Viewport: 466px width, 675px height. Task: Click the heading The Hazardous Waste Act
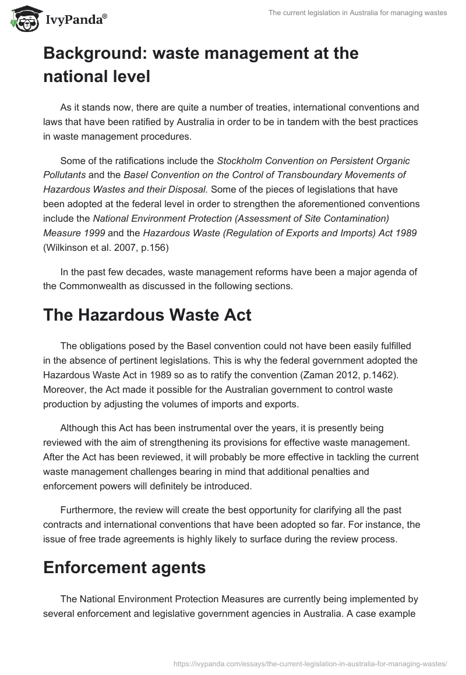(147, 315)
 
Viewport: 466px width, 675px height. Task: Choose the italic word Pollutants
(64, 175)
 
